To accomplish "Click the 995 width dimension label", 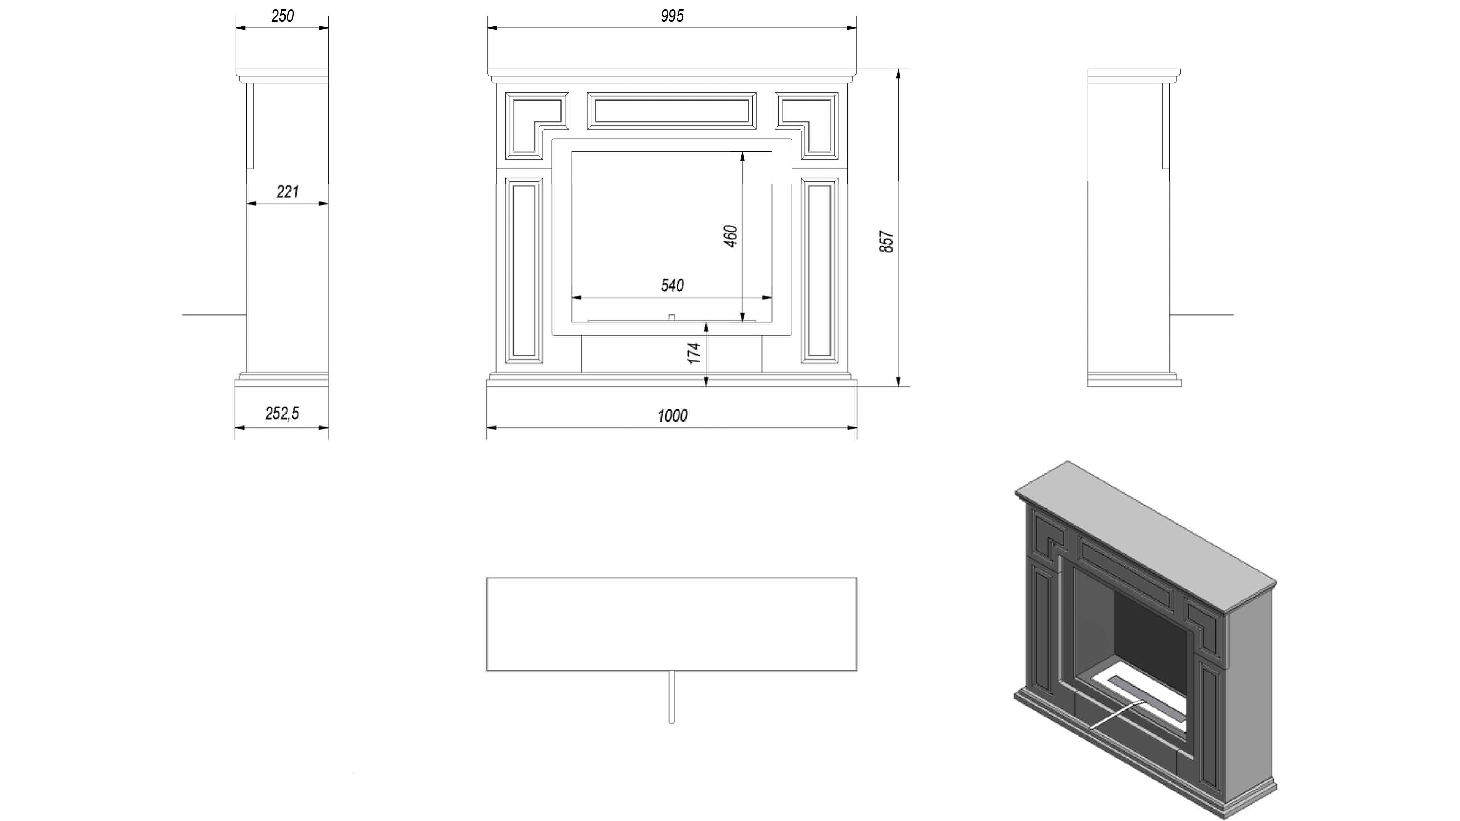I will [672, 16].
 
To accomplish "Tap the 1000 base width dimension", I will [672, 416].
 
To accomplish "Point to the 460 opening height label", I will [731, 236].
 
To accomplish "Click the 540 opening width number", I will [672, 285].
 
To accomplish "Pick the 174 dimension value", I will [694, 353].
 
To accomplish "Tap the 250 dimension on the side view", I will [282, 16].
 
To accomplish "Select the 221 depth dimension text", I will [287, 192].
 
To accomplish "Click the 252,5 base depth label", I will [282, 414].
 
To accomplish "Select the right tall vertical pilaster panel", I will [819, 270].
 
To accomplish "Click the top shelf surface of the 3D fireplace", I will [1145, 536].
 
